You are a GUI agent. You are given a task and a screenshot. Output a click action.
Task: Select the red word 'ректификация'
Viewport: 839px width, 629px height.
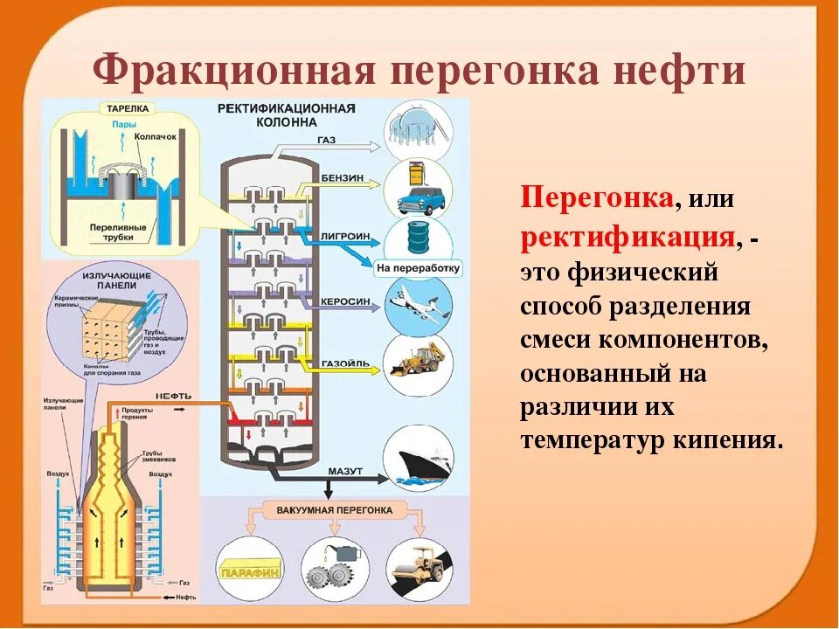coord(626,236)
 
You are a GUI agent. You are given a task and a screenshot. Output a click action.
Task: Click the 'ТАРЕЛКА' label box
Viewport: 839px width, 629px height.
coord(128,109)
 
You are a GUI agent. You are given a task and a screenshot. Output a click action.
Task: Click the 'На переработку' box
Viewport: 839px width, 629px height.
coord(419,267)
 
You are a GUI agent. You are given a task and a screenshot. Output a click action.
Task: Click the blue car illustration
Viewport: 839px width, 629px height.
coord(418,198)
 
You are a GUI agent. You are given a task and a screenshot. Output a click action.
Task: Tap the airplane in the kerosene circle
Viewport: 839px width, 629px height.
coord(419,302)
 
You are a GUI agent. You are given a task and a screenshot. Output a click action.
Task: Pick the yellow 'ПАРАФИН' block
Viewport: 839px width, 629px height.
coord(251,570)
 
